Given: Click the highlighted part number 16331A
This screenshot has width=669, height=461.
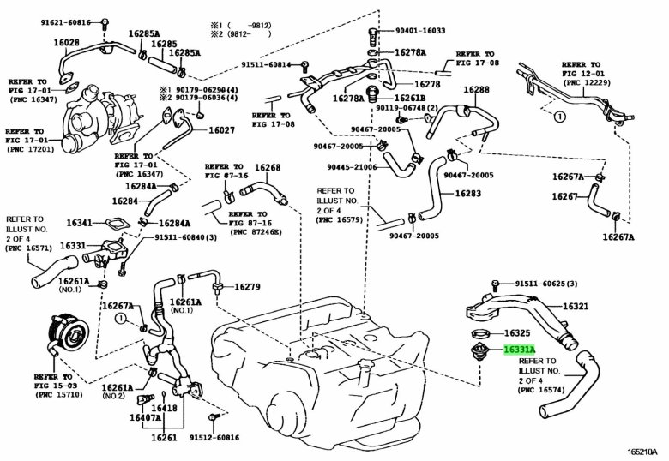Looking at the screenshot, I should click(x=520, y=350).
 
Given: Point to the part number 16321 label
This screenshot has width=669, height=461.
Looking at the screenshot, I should click(x=575, y=306).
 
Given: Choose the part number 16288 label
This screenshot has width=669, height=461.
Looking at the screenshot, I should click(x=477, y=89).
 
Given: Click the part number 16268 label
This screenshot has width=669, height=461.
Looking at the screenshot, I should click(x=267, y=167).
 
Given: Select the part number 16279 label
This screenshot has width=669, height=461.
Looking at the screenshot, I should click(x=247, y=286).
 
